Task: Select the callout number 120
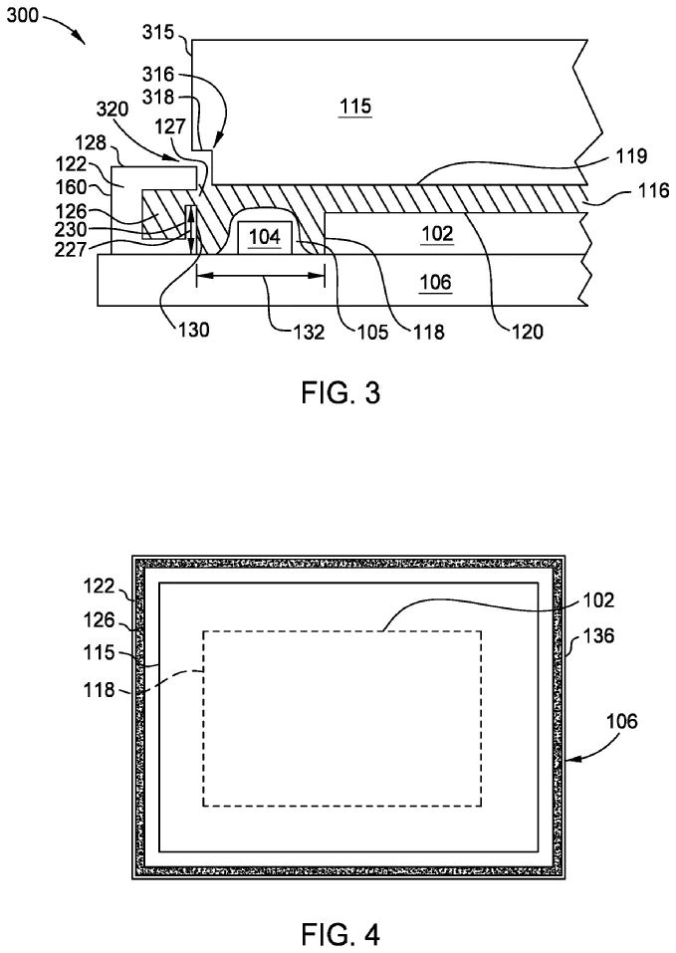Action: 528,333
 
